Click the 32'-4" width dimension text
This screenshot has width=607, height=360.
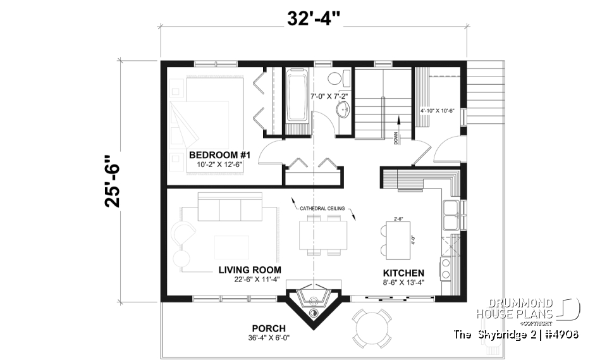[x=314, y=18]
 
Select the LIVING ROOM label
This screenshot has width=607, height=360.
[x=250, y=270]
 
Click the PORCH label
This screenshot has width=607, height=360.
[x=268, y=328]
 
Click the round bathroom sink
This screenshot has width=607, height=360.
[x=343, y=110]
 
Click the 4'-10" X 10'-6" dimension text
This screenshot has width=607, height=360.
[x=438, y=110]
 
